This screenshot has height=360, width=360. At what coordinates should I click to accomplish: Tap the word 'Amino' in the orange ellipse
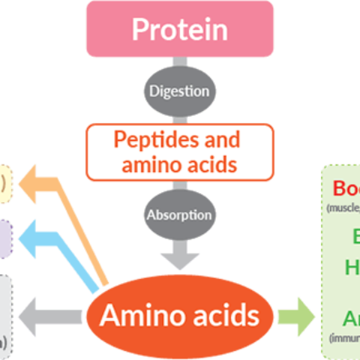click(139, 315)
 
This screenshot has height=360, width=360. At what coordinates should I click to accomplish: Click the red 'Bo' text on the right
click(346, 189)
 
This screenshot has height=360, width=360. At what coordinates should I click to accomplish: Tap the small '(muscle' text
click(343, 208)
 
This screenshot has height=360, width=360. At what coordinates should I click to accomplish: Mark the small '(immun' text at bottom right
click(345, 336)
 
